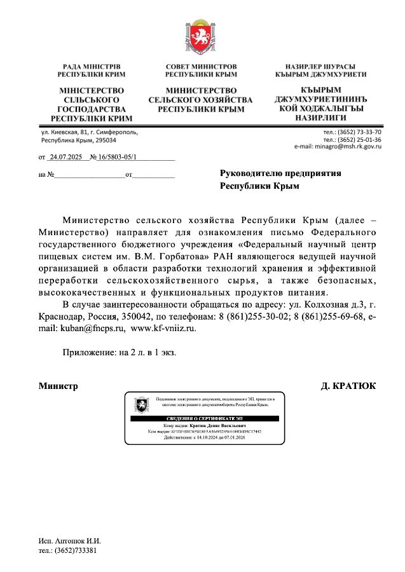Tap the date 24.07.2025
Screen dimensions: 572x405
[x=66, y=156]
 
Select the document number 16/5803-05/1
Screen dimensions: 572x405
[x=116, y=156]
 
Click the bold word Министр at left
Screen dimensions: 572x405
[x=58, y=386]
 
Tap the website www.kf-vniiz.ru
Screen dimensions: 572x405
[x=163, y=329]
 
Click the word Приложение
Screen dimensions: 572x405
[x=86, y=351]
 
